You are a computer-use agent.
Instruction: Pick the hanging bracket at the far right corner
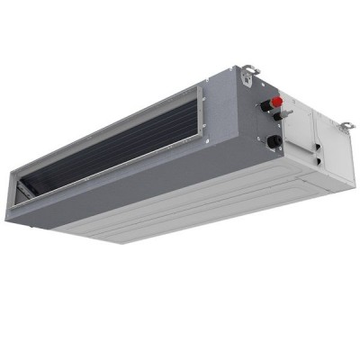click(346, 125)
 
